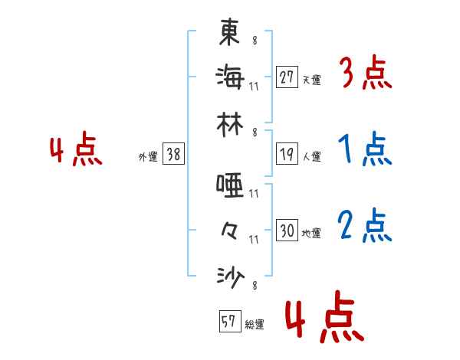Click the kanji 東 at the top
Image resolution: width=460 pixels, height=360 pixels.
[230, 31]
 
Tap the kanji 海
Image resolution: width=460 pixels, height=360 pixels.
[230, 76]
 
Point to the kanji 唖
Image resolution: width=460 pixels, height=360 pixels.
[230, 184]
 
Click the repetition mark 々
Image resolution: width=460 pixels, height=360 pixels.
[230, 229]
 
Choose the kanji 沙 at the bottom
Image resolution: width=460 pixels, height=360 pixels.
[230, 275]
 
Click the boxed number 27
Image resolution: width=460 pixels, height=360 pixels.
[286, 77]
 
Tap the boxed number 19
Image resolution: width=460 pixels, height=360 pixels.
[286, 155]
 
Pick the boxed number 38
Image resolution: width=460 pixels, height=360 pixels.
[173, 155]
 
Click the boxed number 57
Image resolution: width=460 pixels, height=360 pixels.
[228, 322]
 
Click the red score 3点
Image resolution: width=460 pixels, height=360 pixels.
[365, 74]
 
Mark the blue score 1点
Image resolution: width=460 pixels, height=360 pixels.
[365, 151]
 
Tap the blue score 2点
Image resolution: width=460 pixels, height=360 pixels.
[365, 226]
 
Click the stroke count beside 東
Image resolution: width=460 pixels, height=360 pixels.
[255, 40]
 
